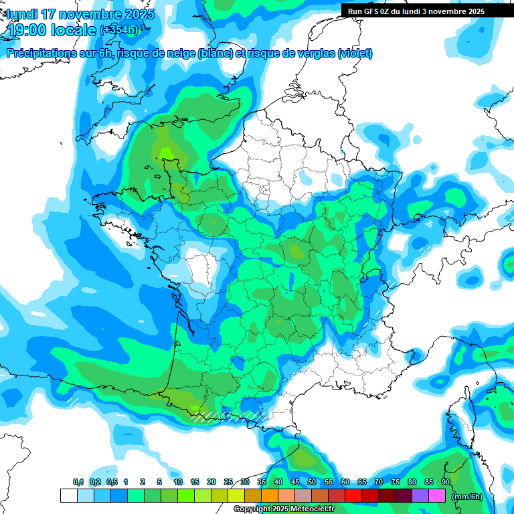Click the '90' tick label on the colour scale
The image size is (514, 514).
[445, 482]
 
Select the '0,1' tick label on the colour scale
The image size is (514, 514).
[78, 482]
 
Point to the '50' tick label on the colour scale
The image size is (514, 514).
[312, 482]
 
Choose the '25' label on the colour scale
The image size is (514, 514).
[228, 482]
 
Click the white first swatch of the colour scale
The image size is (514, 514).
[69, 496]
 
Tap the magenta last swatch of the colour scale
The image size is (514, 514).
[437, 496]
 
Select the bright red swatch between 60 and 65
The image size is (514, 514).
[353, 496]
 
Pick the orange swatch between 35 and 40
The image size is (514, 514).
[270, 496]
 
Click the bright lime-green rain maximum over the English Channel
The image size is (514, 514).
[167, 153]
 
